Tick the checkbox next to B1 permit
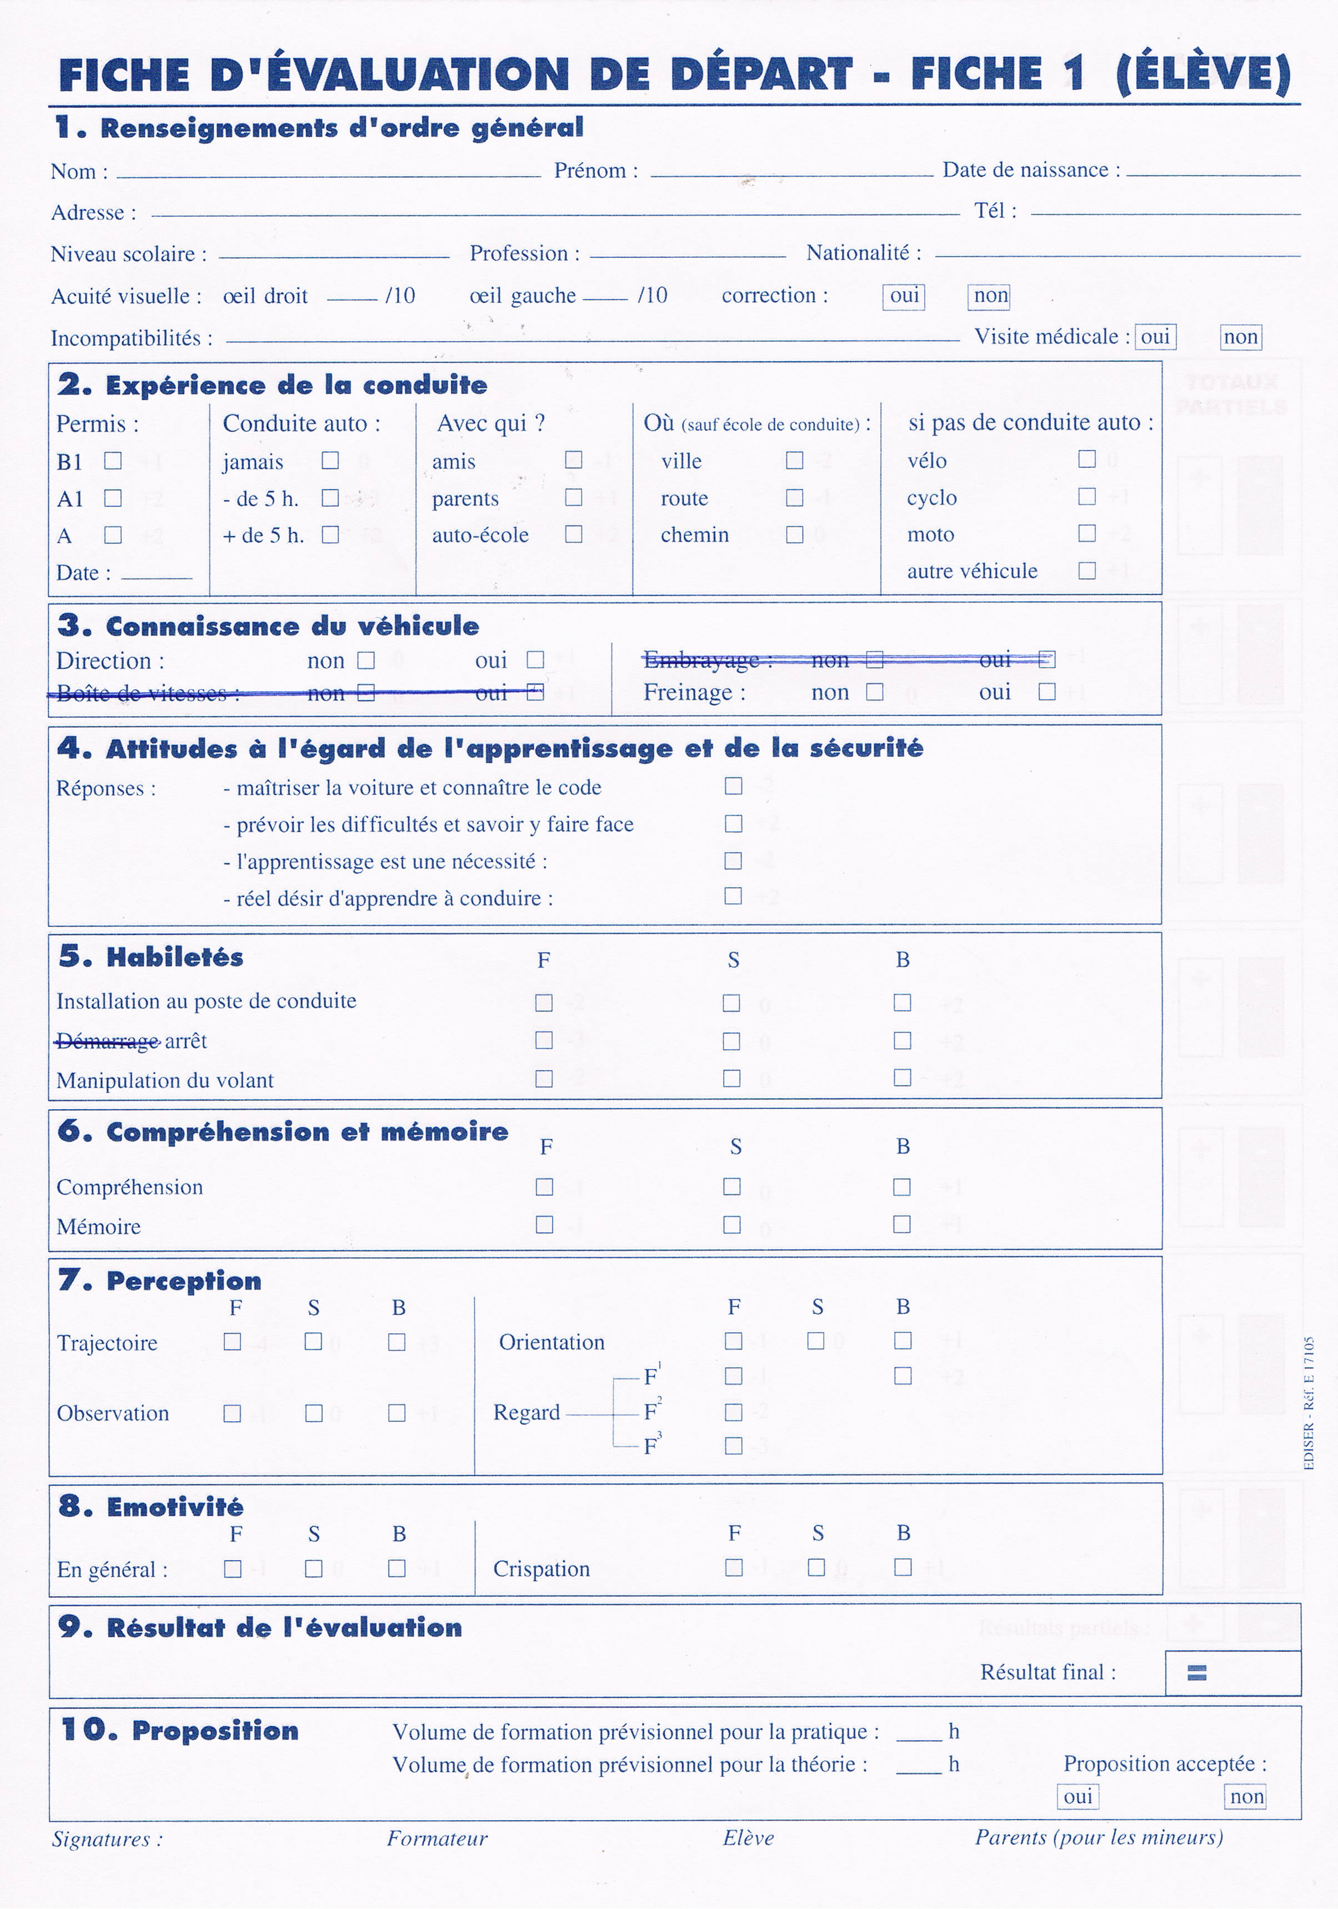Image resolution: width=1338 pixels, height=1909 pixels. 113,461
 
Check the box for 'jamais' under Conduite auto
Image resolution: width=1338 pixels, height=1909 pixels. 330,461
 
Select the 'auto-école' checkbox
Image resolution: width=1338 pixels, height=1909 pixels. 573,534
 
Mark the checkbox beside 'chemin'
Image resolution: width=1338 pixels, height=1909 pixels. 794,534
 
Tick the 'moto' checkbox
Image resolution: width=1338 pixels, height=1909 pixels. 1086,533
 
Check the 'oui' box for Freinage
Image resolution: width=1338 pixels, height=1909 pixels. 1047,692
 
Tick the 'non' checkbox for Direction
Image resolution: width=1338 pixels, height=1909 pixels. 365,660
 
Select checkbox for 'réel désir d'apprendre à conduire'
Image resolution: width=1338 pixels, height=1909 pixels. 733,896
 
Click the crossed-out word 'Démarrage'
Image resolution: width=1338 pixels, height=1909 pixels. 107,1041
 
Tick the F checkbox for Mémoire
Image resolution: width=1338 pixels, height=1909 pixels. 544,1225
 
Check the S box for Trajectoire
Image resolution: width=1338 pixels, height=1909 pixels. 313,1342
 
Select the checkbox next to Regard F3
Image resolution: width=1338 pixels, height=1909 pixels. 733,1446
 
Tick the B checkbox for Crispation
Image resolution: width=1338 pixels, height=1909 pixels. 903,1567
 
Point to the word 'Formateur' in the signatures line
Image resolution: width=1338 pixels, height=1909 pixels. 437,1838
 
